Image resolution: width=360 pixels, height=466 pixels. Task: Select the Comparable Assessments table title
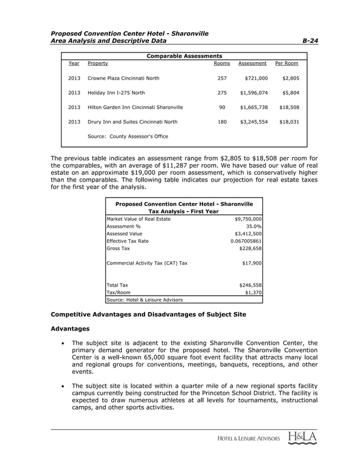click(184, 56)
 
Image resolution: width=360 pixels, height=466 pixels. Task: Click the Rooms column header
click(222, 64)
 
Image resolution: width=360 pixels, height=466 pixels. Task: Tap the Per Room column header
click(287, 64)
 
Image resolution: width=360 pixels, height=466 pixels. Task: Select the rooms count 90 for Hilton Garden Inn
click(222, 107)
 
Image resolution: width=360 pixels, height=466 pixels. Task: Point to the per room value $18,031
click(288, 121)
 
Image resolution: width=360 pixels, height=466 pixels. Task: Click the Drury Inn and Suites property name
click(132, 121)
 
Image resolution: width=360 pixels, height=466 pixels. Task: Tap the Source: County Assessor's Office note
click(128, 137)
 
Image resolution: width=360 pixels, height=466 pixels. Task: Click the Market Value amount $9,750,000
click(248, 219)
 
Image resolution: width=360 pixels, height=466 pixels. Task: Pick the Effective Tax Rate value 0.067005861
click(246, 241)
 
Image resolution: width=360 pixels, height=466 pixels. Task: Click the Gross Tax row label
click(118, 248)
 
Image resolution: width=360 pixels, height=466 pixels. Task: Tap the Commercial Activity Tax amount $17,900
click(251, 263)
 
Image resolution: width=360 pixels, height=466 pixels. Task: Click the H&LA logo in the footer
click(301, 438)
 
